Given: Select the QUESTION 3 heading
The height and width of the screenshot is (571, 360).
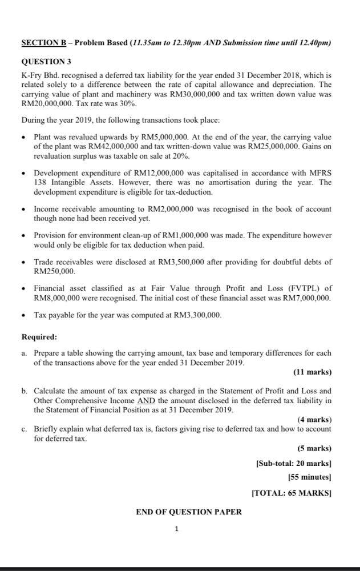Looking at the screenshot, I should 46,62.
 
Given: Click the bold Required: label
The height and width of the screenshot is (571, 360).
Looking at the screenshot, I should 39,337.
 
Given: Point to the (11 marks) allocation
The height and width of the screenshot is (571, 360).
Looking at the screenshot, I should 312,372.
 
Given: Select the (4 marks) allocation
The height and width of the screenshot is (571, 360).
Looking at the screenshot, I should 314,420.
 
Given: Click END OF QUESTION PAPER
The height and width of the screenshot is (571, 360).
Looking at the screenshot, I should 188,512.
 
